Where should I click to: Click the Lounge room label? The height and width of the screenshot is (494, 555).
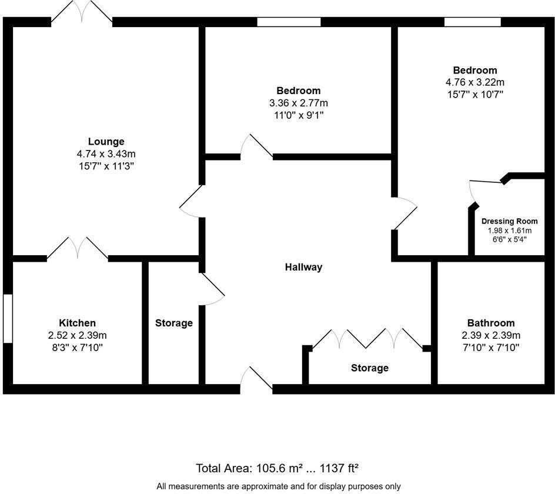click(x=106, y=141)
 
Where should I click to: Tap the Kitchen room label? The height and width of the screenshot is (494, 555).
click(x=77, y=323)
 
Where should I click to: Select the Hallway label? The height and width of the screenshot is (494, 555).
click(x=303, y=267)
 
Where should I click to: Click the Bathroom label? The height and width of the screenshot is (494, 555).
click(x=490, y=323)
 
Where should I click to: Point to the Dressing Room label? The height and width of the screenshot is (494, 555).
click(x=509, y=221)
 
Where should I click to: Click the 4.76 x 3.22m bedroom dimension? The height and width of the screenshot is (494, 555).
click(x=475, y=82)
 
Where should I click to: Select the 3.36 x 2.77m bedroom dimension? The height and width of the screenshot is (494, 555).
click(x=299, y=103)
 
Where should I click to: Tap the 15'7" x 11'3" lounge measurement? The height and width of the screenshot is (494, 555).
click(x=106, y=166)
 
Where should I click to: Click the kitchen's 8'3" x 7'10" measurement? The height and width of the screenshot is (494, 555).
click(x=77, y=348)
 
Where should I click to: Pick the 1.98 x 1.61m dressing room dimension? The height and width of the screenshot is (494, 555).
click(x=509, y=231)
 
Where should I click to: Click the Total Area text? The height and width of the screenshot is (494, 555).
click(x=277, y=468)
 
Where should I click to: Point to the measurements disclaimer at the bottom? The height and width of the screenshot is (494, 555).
click(x=278, y=486)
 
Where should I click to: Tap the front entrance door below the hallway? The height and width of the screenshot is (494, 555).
click(x=256, y=379)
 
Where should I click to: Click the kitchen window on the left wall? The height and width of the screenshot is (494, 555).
click(x=7, y=318)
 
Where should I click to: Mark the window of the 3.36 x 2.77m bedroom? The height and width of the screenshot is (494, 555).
click(x=289, y=22)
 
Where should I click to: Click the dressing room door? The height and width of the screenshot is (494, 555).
click(x=486, y=183)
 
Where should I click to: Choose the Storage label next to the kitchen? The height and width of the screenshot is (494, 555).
click(x=173, y=323)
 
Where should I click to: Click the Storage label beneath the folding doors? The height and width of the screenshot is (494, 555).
click(x=369, y=368)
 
